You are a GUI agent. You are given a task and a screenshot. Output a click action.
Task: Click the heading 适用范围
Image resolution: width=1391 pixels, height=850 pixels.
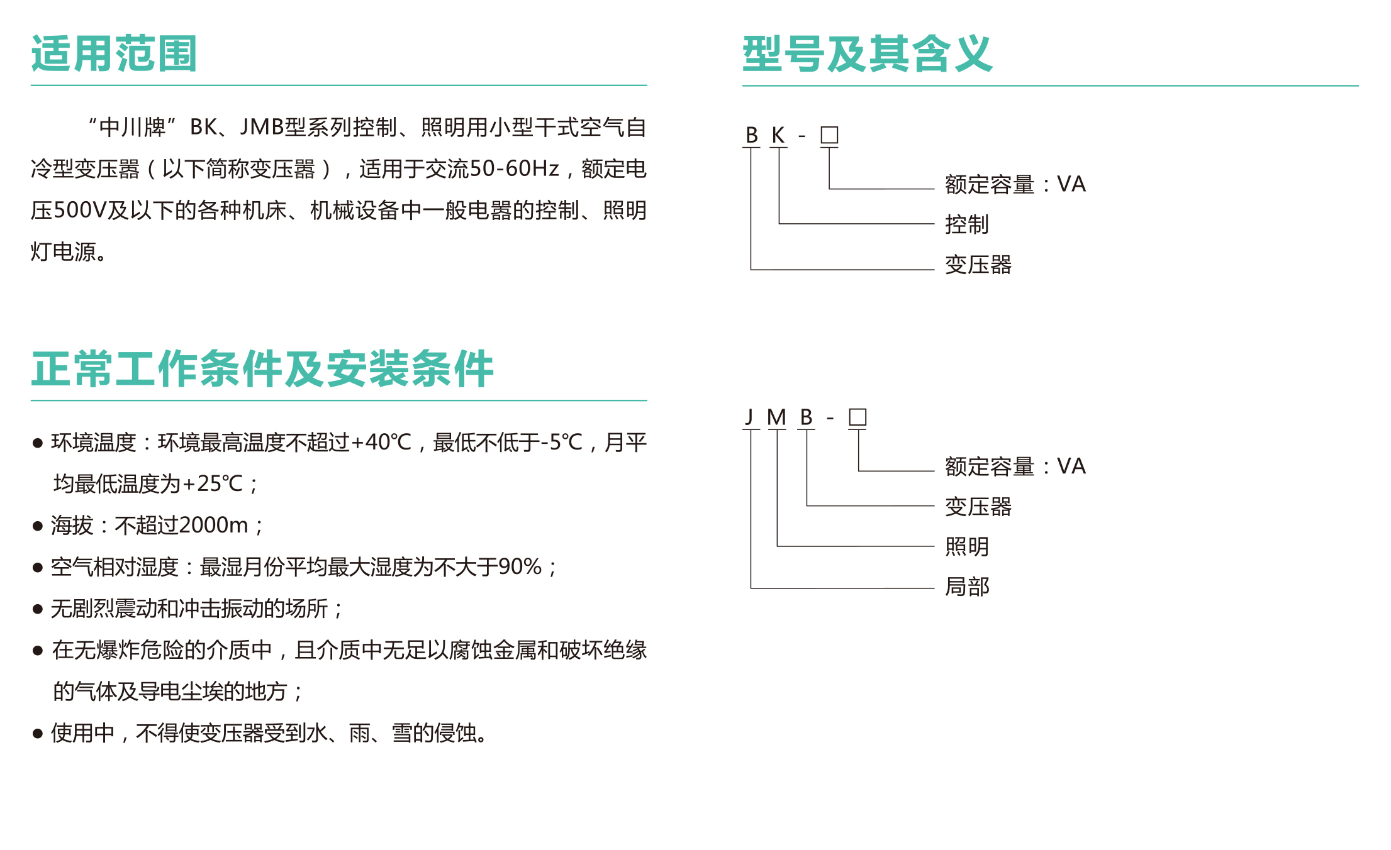115,53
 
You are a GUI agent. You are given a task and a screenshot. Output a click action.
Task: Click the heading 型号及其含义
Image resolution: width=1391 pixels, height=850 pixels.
868,53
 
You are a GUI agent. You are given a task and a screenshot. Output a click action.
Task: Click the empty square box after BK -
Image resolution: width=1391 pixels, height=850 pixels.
829,135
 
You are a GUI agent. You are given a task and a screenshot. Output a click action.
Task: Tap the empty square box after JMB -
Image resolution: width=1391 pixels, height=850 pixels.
858,417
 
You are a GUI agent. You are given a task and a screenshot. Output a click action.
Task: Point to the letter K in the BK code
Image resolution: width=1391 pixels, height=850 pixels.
778,135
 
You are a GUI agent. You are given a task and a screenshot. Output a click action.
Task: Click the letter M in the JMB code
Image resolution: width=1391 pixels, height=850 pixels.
777,417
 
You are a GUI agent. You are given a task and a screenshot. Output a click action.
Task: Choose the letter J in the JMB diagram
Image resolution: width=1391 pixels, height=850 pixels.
749,417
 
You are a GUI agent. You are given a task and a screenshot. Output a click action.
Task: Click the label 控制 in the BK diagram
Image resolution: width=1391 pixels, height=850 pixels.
967,224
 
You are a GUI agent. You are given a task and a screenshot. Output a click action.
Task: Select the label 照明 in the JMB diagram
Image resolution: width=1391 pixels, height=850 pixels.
967,546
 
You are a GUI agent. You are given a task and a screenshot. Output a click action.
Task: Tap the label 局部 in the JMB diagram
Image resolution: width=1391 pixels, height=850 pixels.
967,587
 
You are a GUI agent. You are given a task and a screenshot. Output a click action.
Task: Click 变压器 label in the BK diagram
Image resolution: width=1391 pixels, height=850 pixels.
978,265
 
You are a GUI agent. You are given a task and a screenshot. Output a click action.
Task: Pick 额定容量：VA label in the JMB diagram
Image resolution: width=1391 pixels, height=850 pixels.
1015,466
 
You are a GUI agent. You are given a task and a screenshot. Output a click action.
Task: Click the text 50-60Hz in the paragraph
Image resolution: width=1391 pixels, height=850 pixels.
514,168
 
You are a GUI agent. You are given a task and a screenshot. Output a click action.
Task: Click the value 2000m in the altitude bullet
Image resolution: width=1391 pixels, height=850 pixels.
213,525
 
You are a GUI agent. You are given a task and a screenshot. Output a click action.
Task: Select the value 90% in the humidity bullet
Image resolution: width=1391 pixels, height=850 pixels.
520,567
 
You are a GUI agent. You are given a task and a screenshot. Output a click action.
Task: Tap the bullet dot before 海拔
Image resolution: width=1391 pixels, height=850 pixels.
38,526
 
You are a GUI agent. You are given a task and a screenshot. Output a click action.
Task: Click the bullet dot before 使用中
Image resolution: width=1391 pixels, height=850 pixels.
38,734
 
